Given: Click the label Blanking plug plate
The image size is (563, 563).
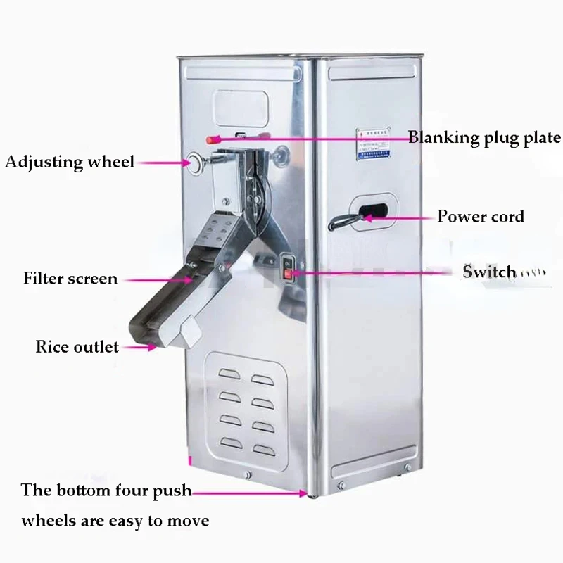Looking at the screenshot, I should [485, 137].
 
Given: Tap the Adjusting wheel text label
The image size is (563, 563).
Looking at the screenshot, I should [69, 163].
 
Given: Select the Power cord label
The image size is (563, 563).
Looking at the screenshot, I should [481, 215].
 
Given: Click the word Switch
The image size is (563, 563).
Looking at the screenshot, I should [489, 272].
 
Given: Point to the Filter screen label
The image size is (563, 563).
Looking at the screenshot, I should [70, 278].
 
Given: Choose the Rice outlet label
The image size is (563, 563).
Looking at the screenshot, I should [77, 346].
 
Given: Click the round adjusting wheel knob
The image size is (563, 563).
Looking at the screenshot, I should [194, 163].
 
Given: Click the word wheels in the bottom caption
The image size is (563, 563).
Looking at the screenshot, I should [47, 521].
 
